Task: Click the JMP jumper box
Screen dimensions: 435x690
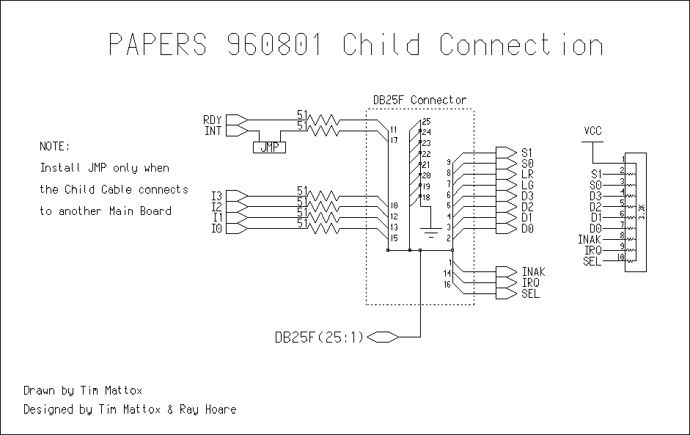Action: click(x=269, y=147)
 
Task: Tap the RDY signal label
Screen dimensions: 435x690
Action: click(x=212, y=120)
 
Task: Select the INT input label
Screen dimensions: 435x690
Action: click(x=212, y=131)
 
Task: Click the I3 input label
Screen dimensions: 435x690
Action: click(x=216, y=196)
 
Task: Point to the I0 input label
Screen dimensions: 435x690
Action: click(x=216, y=229)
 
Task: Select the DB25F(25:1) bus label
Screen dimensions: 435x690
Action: click(x=318, y=337)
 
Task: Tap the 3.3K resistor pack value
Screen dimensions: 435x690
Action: click(x=642, y=212)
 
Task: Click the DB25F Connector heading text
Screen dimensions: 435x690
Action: click(x=419, y=100)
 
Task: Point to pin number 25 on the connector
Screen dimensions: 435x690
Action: click(x=426, y=121)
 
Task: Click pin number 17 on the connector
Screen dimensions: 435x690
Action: click(x=394, y=139)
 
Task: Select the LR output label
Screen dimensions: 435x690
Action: click(x=527, y=174)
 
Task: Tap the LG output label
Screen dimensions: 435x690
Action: click(x=527, y=185)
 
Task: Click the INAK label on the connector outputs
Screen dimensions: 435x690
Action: click(x=533, y=272)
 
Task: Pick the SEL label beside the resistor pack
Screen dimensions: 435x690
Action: click(x=592, y=261)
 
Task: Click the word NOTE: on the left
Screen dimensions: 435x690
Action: click(x=56, y=146)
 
